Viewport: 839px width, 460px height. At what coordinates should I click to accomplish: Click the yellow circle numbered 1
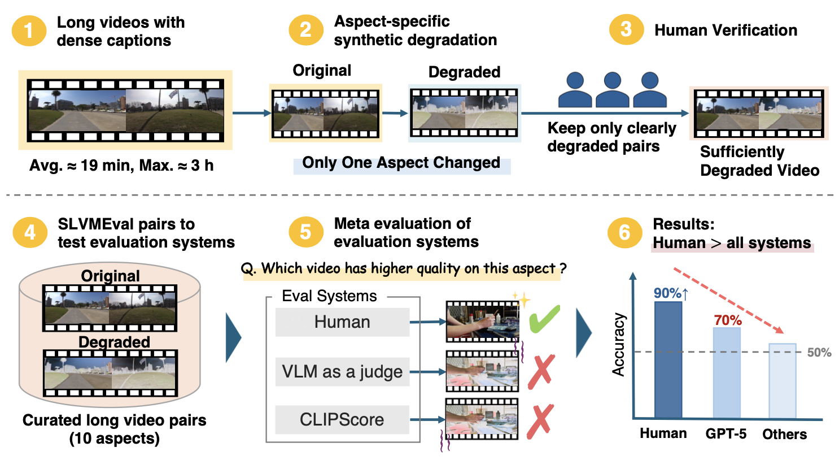pos(29,31)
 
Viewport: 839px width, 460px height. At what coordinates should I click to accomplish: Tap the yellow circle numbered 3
pos(626,30)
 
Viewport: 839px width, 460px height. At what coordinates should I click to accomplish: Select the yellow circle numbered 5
pos(305,232)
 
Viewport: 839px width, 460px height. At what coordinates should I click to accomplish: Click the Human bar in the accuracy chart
pos(668,360)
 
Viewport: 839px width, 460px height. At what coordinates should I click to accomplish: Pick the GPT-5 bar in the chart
pos(727,373)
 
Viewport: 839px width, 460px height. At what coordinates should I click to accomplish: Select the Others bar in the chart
pos(783,381)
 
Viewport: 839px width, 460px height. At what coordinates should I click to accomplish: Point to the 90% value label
pos(670,293)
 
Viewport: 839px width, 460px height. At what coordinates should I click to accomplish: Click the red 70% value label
pos(728,320)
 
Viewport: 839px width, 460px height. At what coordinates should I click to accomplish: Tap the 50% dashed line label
pos(819,353)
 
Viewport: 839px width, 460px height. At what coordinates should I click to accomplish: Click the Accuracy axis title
pos(619,345)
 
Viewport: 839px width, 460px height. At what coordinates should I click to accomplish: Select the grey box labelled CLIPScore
pos(342,419)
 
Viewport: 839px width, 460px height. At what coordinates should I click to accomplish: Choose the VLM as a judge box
pos(342,371)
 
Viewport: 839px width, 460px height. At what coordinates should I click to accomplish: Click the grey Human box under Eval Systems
pos(342,322)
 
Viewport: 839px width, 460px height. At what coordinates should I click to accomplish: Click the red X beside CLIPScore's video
pos(540,422)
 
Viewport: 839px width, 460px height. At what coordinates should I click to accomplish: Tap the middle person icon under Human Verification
pos(612,90)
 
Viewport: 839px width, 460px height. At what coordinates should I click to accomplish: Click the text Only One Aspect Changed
pos(401,163)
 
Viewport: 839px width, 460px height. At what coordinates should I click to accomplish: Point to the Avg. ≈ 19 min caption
pos(121,166)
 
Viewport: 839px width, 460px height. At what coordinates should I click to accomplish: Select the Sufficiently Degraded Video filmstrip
pos(759,114)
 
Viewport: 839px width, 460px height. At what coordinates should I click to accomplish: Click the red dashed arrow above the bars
pos(728,301)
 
